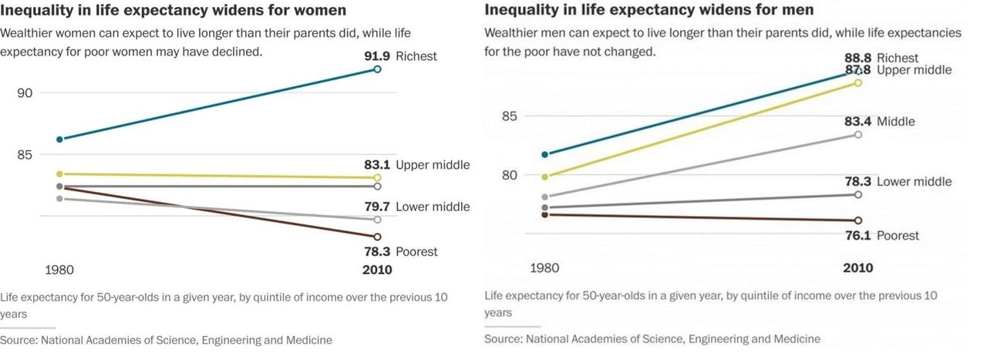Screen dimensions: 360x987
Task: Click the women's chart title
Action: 173,11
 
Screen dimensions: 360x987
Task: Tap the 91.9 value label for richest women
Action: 378,56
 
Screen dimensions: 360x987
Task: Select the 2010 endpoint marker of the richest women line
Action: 377,69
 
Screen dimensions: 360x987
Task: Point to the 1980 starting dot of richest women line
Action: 59,140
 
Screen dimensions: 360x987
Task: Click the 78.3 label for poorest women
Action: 378,251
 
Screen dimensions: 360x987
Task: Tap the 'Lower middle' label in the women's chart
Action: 433,207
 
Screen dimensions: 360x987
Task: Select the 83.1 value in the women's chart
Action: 378,165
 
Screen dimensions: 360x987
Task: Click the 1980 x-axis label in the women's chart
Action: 59,270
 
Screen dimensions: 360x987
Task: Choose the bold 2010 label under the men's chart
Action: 858,267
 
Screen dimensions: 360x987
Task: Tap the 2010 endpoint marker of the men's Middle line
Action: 858,135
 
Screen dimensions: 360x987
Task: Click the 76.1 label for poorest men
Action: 854,236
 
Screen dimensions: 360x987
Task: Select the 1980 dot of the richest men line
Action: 545,155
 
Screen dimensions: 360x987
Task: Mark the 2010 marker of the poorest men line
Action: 858,220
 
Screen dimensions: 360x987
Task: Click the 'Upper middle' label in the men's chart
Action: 915,70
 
